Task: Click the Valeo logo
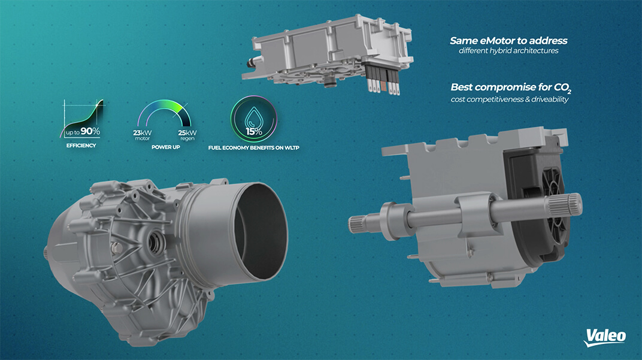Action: [x=605, y=337]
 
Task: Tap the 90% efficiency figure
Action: [x=90, y=131]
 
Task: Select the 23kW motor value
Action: [x=142, y=133]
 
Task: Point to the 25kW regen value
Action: [x=187, y=133]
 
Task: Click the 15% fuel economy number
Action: [x=254, y=131]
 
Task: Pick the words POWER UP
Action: [x=166, y=147]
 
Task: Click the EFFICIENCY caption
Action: [x=81, y=146]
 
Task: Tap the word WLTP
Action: [x=291, y=147]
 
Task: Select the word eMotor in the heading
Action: [x=496, y=41]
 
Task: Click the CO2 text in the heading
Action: [x=562, y=87]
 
